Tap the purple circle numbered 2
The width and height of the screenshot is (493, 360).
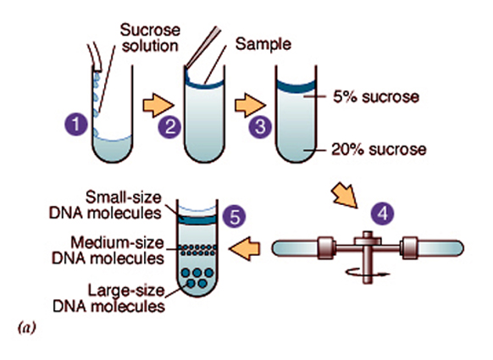click(170, 129)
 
